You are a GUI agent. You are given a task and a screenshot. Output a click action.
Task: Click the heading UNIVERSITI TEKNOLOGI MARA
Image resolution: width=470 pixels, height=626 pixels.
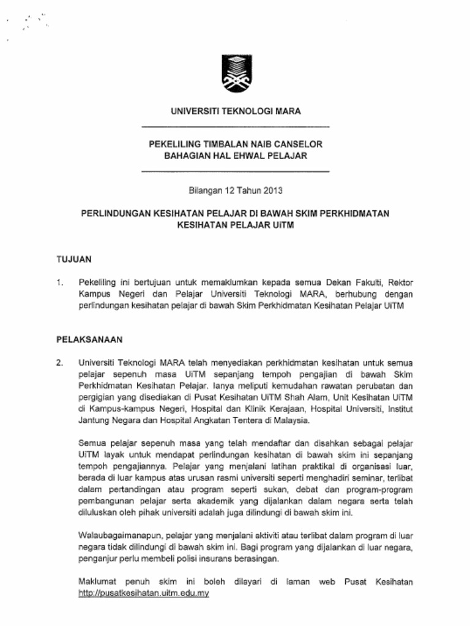[x=235, y=111]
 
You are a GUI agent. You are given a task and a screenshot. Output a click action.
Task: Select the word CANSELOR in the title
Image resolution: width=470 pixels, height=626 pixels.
[x=296, y=144]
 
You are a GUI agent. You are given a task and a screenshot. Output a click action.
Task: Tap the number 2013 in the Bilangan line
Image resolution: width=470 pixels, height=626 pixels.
[x=272, y=190]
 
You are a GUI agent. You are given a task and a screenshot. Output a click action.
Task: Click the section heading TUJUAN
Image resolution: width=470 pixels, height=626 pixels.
[x=74, y=259]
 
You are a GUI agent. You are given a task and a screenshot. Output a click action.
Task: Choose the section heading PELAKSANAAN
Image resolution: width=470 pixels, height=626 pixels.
[x=90, y=337]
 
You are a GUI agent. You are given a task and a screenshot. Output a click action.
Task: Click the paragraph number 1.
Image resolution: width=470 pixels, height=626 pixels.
[x=59, y=282]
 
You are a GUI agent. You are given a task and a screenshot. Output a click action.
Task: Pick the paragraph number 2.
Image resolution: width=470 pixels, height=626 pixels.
[x=59, y=363]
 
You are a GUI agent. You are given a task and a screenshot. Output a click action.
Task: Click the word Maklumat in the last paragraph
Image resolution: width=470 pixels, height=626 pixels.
[x=97, y=582]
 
